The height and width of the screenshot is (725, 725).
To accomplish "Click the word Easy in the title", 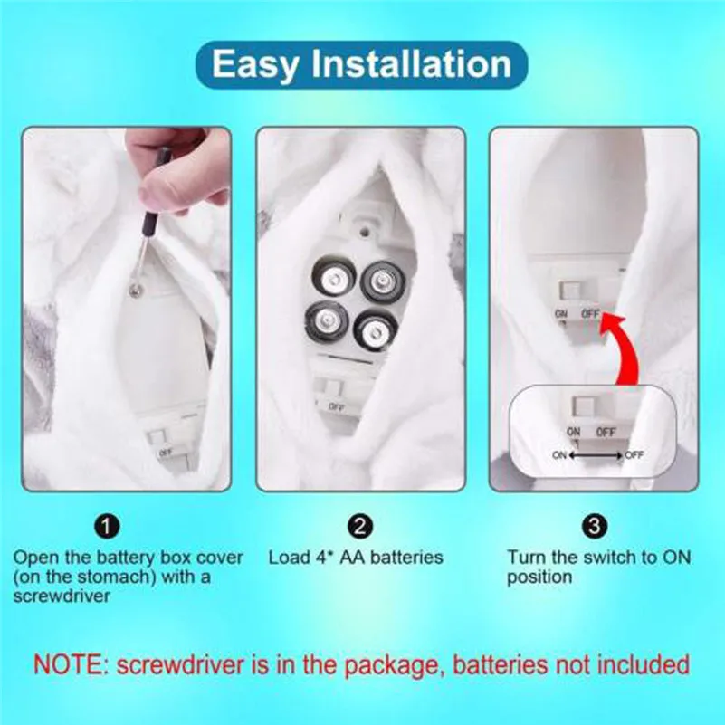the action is tap(254, 65).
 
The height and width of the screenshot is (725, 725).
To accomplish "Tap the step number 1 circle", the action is tap(106, 526).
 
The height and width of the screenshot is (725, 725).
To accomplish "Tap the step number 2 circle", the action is tap(359, 526).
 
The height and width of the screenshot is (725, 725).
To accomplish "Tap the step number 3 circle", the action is tap(595, 526).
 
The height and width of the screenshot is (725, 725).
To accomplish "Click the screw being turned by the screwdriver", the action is tap(136, 290).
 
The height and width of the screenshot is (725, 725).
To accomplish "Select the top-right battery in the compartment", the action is tap(383, 281).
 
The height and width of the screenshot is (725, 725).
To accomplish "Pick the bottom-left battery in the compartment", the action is tap(326, 320).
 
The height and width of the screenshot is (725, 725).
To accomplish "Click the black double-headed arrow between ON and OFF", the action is tap(596, 455).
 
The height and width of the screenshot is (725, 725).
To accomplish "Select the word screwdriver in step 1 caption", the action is tap(62, 596).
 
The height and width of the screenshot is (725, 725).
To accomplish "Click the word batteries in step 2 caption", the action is tap(407, 558).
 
